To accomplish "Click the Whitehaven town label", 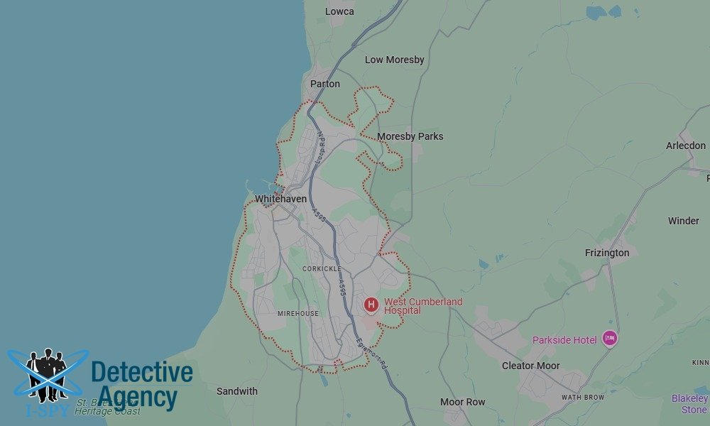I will (x=281, y=199).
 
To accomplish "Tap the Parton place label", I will (x=325, y=84).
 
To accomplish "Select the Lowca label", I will (x=339, y=11).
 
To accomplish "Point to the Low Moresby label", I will (x=395, y=60).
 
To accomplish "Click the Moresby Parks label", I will (x=410, y=136).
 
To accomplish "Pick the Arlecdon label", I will (x=686, y=146).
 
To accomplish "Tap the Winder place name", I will (x=684, y=221).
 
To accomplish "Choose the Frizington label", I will (x=607, y=253).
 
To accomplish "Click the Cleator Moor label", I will (x=531, y=366).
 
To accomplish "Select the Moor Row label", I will (x=463, y=402).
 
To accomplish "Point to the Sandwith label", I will (x=237, y=391).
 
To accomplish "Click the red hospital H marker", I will (x=371, y=305).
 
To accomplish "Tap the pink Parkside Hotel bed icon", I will (x=609, y=339).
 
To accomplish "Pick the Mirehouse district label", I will (x=298, y=313).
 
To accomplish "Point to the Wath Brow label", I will (x=582, y=398).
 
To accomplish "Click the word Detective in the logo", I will (x=142, y=373).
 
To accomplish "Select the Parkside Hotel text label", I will (x=564, y=340).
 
